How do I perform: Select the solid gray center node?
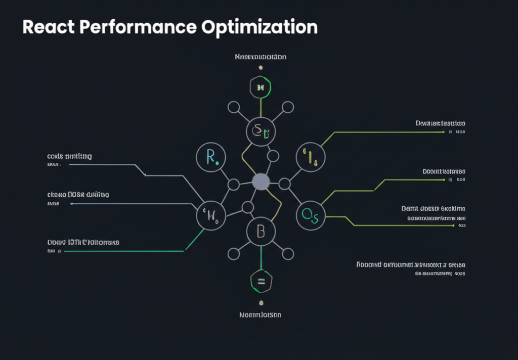(261, 182)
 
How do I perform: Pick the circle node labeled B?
(261, 232)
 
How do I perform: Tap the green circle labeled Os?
(310, 215)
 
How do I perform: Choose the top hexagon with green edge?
(261, 87)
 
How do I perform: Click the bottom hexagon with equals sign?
(261, 282)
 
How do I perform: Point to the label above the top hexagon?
(261, 57)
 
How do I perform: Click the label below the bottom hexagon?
(260, 314)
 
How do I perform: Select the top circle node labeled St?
(261, 132)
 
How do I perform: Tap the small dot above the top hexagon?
(261, 67)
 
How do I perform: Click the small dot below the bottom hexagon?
(261, 303)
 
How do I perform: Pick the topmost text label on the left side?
(69, 156)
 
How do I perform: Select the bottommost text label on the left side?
(83, 242)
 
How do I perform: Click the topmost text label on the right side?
(440, 123)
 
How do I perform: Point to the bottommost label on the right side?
(411, 265)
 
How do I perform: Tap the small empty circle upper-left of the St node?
(234, 107)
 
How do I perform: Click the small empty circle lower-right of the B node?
(288, 253)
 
